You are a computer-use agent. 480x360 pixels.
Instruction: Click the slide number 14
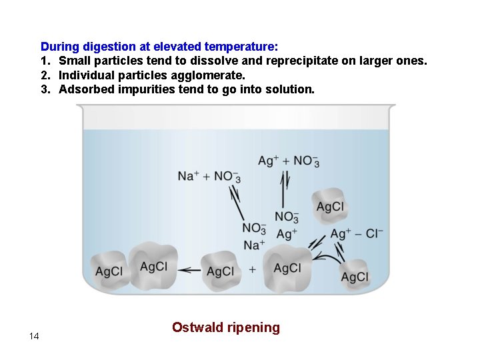[34, 336]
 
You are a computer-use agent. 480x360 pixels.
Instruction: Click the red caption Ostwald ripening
[225, 327]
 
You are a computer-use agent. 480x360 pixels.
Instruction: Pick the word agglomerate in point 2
[212, 75]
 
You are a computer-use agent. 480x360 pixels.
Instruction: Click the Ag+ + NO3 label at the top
[288, 161]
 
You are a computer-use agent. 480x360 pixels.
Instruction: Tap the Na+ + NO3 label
[209, 176]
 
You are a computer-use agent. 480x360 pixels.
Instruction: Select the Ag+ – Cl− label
[357, 233]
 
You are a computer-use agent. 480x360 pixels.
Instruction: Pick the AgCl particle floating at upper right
[330, 207]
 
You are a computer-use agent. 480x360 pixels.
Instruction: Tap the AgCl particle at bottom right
[354, 276]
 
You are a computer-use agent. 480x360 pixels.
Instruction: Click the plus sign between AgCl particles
[252, 269]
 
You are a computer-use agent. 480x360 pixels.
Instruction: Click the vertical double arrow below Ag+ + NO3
[285, 190]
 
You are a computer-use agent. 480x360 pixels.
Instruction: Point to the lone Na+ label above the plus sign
[254, 245]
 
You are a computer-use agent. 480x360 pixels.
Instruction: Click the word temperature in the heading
[241, 47]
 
